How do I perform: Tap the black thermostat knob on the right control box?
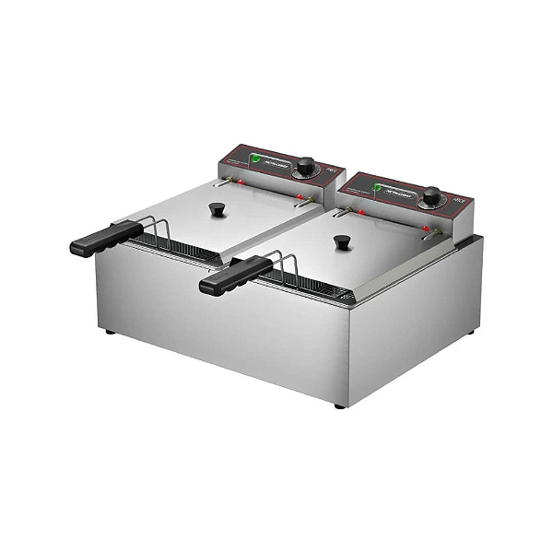(430, 195)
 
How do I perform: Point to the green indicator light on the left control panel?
(255, 159)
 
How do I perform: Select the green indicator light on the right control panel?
(377, 187)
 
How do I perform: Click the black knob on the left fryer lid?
(218, 209)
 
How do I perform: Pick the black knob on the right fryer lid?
(342, 242)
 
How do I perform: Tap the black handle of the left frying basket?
(104, 238)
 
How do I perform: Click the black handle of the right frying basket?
(235, 275)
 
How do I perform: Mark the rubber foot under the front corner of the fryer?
(339, 405)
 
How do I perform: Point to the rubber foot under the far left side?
(111, 331)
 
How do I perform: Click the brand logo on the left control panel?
(276, 161)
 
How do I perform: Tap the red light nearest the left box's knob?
(301, 196)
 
